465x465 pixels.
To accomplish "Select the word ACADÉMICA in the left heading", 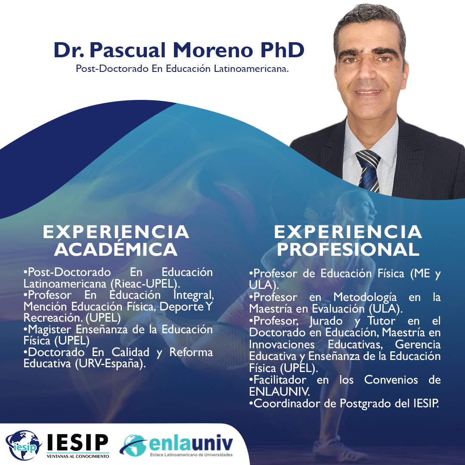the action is [116, 249].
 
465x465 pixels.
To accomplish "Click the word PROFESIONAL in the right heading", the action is [348, 249].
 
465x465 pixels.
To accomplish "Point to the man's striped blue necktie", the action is [369, 171].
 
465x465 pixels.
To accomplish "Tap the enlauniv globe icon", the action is [133, 445].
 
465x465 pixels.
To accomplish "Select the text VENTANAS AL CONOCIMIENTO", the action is [77, 456].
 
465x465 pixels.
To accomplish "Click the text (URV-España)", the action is [110, 363].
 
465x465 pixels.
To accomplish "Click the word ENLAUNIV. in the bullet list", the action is [279, 392].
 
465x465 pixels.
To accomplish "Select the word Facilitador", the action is [280, 380].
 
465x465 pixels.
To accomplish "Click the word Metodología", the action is [365, 297].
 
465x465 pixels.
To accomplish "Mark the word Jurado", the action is [325, 321].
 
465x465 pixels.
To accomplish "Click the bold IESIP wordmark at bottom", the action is [77, 443].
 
